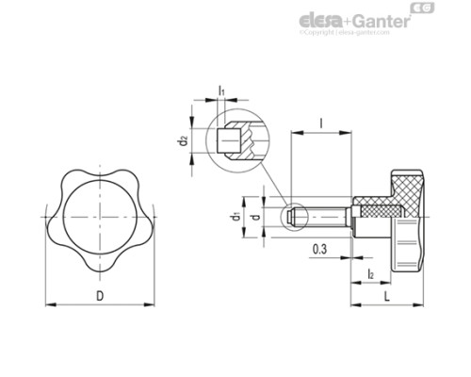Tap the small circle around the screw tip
point(294,218)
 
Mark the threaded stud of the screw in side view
point(325,218)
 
